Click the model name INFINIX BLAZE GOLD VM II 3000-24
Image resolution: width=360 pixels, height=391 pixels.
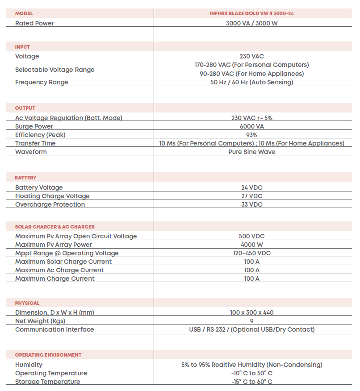(251, 13)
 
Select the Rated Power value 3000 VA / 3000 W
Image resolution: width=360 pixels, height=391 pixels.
(251, 23)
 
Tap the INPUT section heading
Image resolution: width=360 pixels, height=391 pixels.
(22, 47)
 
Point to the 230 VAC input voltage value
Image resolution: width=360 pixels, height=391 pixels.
(251, 56)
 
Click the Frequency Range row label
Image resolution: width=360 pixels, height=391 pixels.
(42, 82)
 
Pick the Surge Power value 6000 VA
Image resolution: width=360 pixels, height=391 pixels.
(251, 126)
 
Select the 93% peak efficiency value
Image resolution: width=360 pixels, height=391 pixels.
(251, 135)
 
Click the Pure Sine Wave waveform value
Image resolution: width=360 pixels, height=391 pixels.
(251, 152)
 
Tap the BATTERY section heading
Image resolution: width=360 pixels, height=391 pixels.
(25, 178)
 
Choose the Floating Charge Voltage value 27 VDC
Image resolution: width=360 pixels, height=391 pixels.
(251, 196)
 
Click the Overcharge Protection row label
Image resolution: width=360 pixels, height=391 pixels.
(50, 204)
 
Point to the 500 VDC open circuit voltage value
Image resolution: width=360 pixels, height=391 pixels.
(251, 236)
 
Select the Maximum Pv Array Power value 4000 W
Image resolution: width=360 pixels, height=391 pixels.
(251, 245)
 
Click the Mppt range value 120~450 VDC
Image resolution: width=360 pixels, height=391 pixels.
(251, 253)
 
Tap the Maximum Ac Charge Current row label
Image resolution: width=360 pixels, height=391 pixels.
(59, 270)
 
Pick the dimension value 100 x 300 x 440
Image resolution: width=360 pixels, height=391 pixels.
(251, 312)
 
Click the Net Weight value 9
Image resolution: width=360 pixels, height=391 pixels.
(251, 321)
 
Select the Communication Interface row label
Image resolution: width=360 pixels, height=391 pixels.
(54, 329)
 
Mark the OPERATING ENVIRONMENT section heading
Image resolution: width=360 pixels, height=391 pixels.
(48, 355)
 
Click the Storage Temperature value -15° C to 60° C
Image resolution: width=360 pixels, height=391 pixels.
(251, 382)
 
